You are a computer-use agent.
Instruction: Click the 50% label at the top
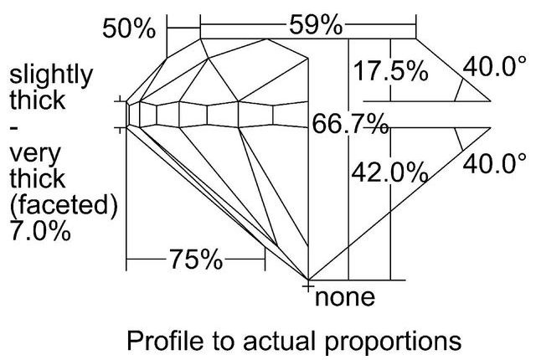[x=129, y=28]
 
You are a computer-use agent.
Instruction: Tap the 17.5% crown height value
[x=389, y=71]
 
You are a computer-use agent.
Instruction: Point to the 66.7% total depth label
[x=349, y=126]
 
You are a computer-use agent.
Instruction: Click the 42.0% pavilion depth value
[x=388, y=173]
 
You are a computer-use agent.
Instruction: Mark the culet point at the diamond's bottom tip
[x=309, y=280]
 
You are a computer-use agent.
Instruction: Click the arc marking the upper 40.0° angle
[x=457, y=86]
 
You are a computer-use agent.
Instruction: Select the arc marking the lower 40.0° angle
[x=457, y=142]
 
